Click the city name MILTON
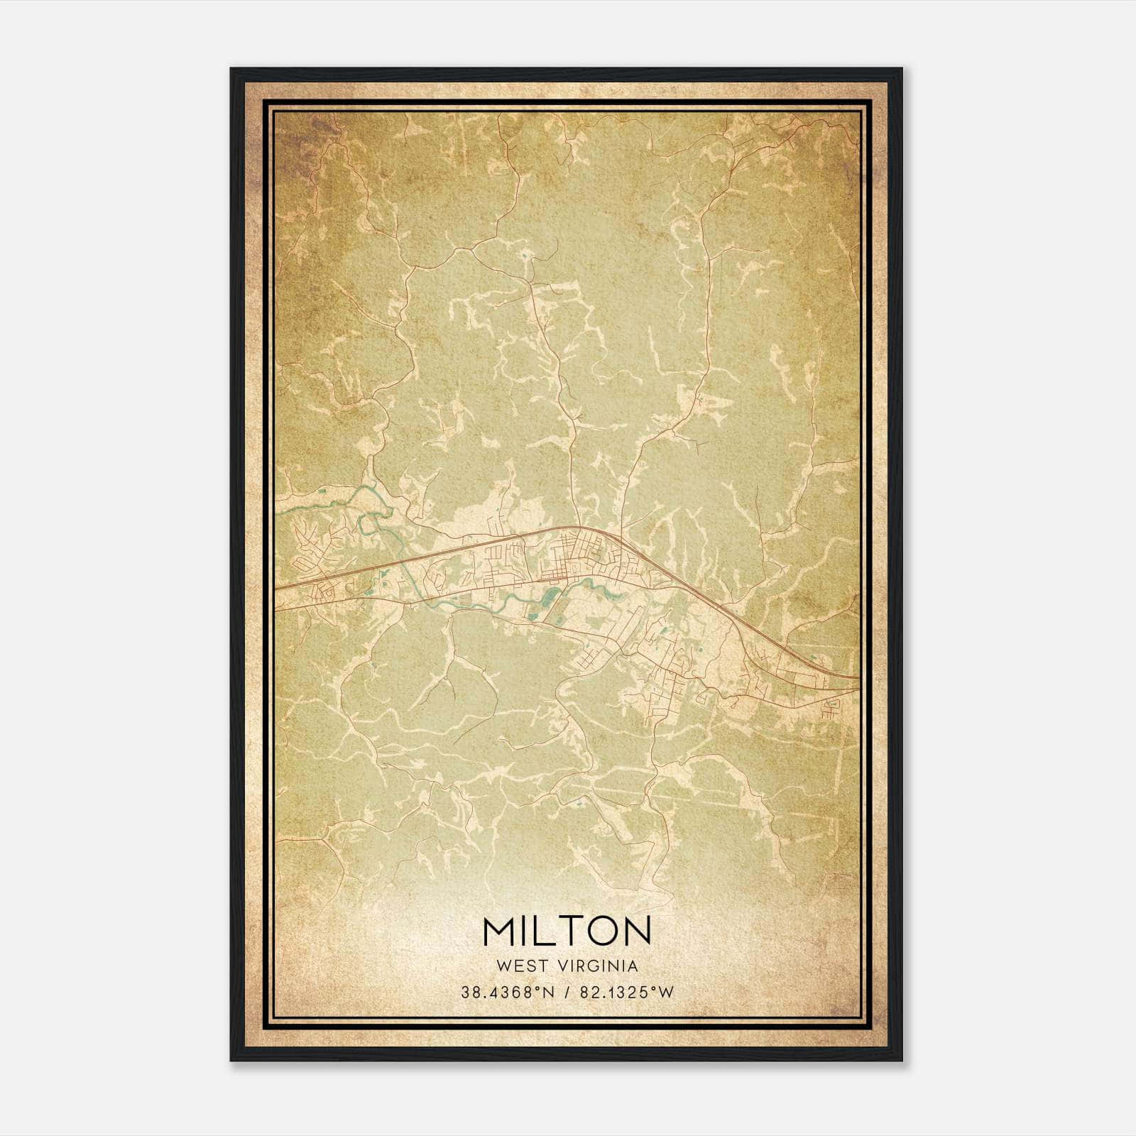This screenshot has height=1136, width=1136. tap(567, 930)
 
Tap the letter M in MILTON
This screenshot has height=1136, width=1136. tap(499, 930)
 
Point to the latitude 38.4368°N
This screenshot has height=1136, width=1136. tap(505, 993)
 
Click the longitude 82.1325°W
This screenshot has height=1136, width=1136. tap(626, 993)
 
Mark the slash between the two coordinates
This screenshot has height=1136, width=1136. tap(566, 993)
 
